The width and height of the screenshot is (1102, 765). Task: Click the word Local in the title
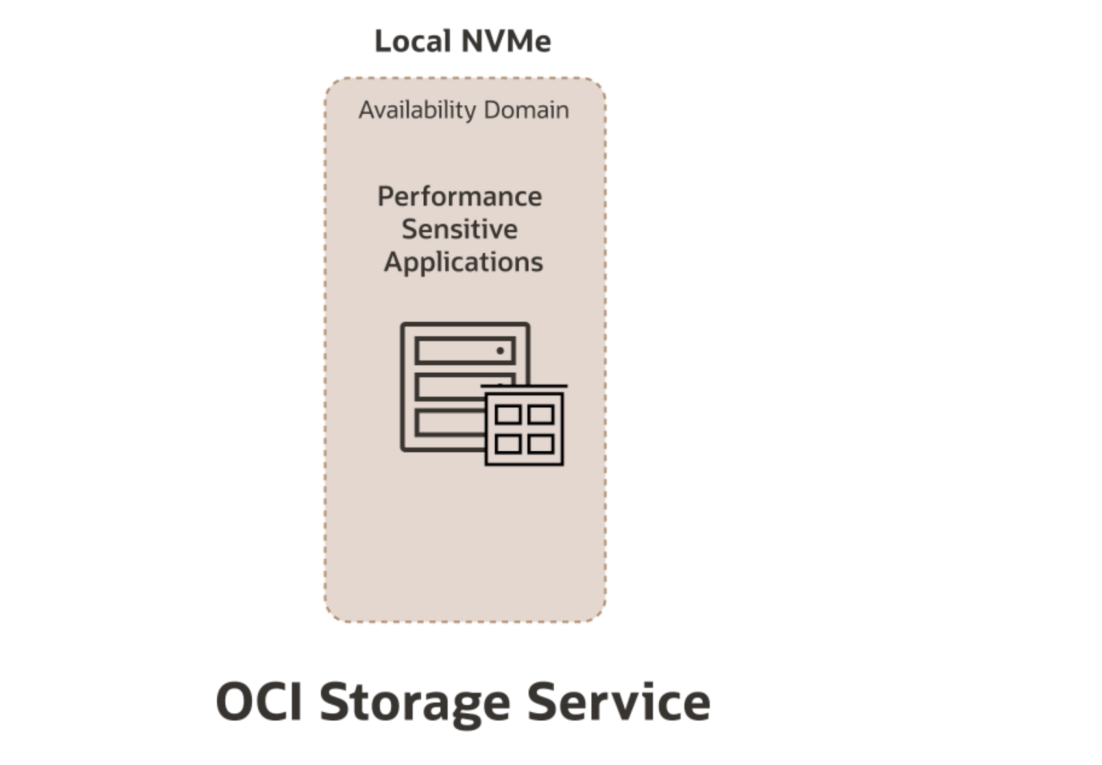coord(412,42)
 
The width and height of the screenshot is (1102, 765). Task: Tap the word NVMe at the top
coord(508,42)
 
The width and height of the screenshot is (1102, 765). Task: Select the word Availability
coord(418,110)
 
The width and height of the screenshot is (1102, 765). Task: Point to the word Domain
coord(526,110)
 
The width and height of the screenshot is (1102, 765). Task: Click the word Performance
coord(459,197)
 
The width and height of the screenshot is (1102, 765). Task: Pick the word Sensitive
coord(459,229)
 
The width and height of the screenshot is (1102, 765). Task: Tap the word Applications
coord(463,262)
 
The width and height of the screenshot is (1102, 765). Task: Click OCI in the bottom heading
coord(259,701)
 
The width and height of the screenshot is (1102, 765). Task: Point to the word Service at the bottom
coord(618,701)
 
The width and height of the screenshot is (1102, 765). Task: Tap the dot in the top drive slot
coord(500,351)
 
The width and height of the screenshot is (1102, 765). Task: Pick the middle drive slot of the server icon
coord(448,388)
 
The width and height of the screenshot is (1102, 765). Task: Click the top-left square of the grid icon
coord(508,414)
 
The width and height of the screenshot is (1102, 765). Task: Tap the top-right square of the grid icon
coord(541,414)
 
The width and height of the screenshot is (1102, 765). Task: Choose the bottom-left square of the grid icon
coord(508,444)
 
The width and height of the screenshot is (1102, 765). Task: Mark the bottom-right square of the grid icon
coord(541,444)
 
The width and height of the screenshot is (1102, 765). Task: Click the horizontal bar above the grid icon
coord(524,386)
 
